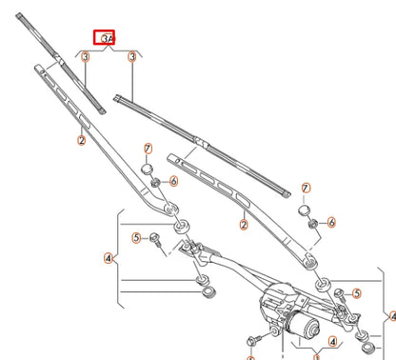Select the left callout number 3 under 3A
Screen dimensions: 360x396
85,58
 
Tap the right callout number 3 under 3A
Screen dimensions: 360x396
133,58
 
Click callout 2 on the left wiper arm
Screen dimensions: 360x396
82,140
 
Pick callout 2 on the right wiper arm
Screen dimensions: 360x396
245,225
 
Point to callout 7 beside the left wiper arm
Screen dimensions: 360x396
148,148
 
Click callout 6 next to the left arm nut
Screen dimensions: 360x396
173,182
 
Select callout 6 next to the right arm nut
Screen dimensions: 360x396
331,222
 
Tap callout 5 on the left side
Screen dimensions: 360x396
136,237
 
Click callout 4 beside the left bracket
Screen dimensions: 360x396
109,257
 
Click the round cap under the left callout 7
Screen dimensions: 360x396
149,169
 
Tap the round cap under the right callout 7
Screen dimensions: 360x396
305,209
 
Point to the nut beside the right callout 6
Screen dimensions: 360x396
313,222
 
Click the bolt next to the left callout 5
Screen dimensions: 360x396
154,244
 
